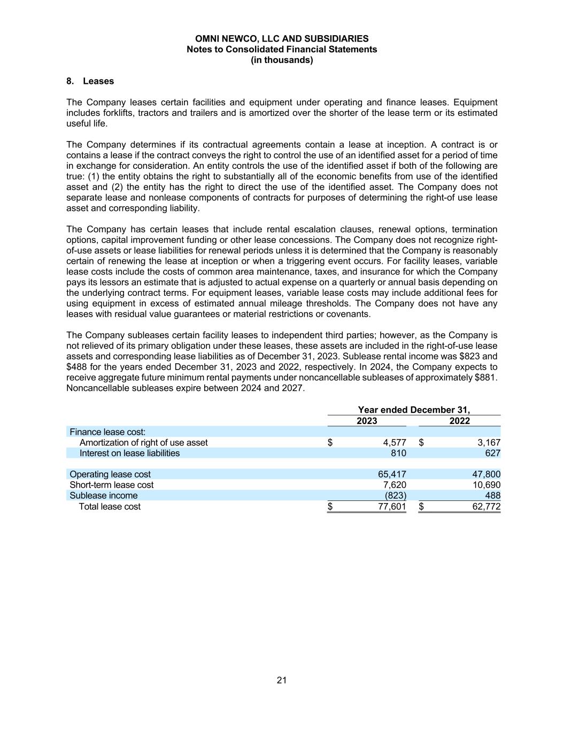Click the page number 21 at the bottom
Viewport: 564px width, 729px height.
282,680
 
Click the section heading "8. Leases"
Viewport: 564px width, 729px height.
90,81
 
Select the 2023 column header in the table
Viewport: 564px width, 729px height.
367,421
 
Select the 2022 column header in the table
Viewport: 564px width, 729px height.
459,421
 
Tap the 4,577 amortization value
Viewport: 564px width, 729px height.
395,442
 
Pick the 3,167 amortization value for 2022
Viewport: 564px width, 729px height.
489,442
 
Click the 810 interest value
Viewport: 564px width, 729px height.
398,453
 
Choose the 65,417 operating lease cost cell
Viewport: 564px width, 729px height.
392,474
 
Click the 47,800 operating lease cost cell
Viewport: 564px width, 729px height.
486,474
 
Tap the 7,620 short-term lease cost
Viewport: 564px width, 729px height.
395,485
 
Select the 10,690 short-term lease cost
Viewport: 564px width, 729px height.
486,485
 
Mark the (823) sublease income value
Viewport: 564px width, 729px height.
396,496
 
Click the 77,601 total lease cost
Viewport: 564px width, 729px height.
392,506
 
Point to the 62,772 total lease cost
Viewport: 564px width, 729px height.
486,506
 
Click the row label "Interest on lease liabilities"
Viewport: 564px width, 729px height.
129,453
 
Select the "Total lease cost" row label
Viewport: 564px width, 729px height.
110,506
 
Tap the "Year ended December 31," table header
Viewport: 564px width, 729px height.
414,410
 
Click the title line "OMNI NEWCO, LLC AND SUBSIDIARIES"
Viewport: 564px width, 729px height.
282,38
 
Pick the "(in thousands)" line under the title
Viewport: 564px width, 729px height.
282,60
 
